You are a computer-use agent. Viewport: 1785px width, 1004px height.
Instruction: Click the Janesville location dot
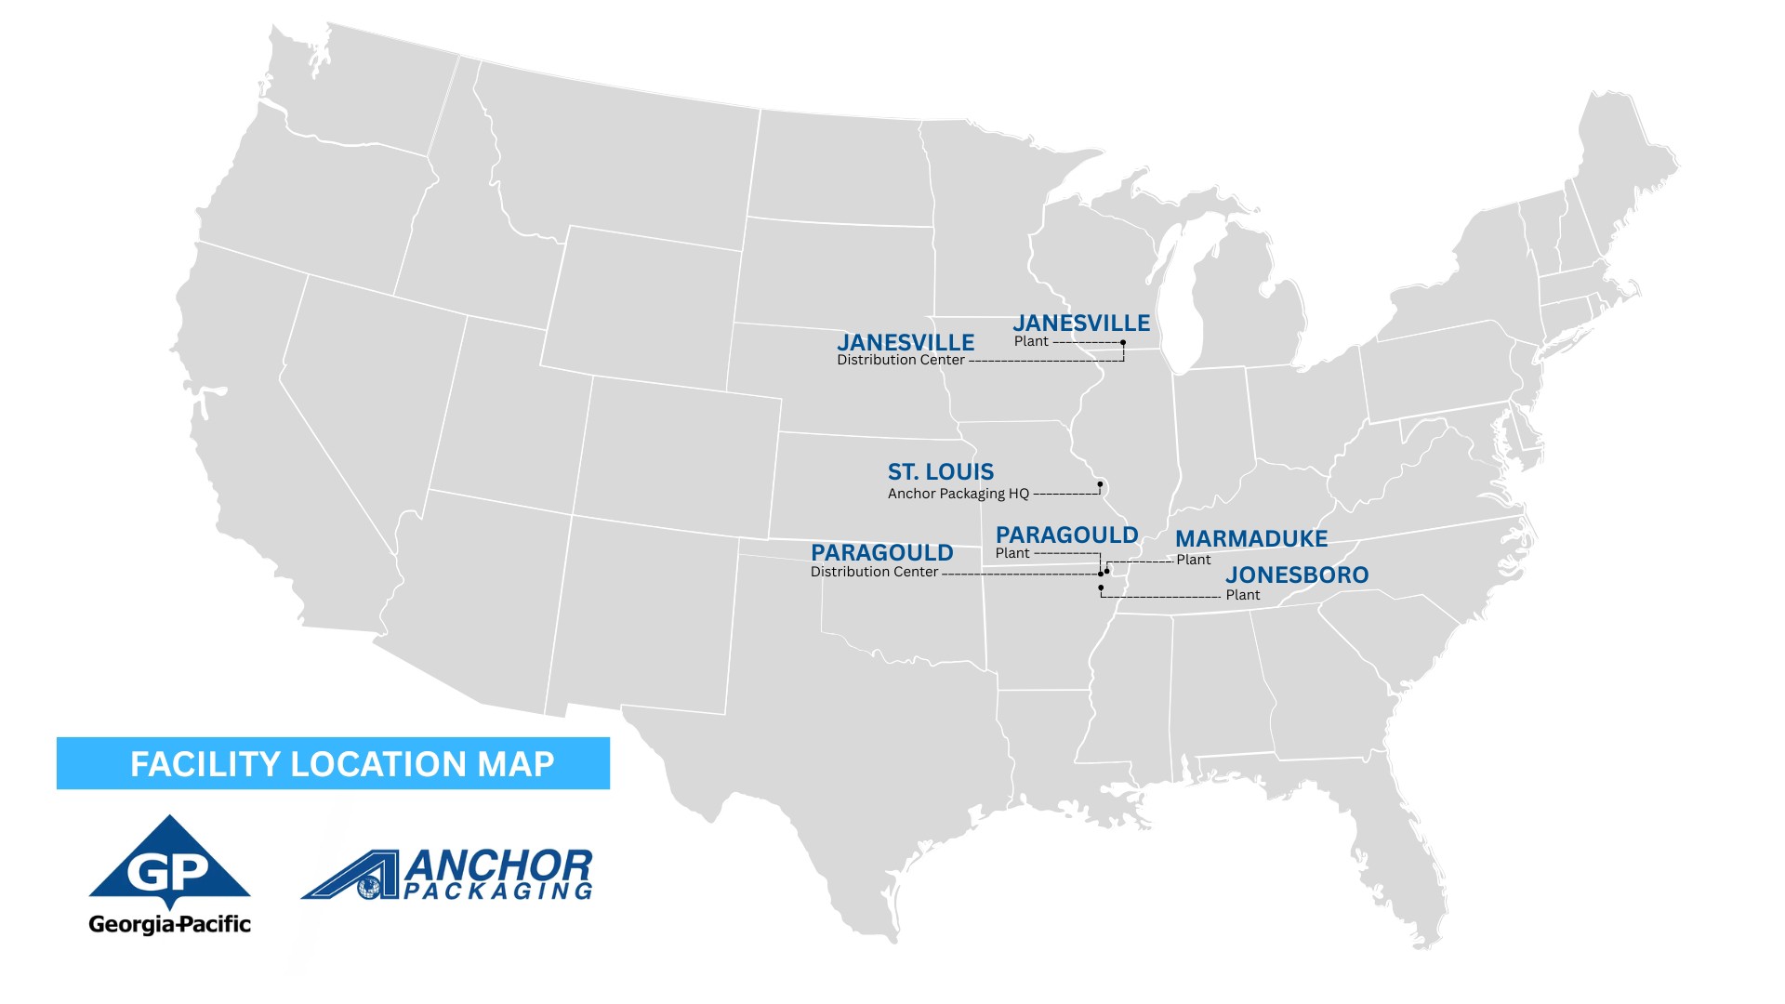coord(1123,343)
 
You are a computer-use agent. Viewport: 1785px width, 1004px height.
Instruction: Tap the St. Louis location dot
coord(1100,484)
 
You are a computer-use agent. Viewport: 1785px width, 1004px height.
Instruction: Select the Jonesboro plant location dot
coord(1101,588)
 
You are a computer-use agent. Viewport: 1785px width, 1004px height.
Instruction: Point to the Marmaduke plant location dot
coord(1107,571)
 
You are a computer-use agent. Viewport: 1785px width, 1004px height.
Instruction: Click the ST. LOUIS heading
coord(940,472)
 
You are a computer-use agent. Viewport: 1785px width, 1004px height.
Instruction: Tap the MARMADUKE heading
coord(1251,539)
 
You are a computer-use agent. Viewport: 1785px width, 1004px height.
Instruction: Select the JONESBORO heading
coord(1297,575)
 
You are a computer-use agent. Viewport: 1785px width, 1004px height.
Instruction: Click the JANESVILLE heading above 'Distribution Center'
coord(906,343)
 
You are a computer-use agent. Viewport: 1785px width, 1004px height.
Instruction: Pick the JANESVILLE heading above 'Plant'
coord(1081,324)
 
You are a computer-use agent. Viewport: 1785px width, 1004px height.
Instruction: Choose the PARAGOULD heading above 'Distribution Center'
coord(881,553)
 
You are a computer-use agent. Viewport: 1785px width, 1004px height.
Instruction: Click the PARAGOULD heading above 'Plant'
coord(1066,535)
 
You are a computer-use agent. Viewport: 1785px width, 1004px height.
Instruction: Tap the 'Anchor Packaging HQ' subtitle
coord(958,494)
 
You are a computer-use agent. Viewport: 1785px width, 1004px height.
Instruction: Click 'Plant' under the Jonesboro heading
coord(1243,595)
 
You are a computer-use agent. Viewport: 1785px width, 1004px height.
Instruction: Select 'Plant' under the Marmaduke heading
coord(1194,560)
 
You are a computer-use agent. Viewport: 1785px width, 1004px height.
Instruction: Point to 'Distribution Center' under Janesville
coord(900,360)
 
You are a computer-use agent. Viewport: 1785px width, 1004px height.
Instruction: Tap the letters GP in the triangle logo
coord(168,872)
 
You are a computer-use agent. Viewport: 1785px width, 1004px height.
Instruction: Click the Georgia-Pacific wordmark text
coord(169,924)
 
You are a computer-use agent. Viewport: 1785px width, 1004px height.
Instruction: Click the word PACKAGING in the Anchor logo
coord(498,892)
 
